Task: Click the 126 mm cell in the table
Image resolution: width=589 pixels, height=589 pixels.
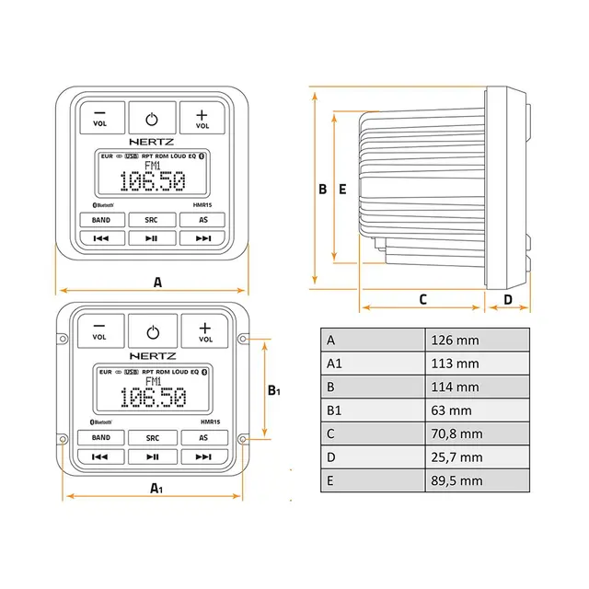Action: coord(478,340)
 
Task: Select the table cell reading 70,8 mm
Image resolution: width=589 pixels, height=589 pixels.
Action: coord(478,433)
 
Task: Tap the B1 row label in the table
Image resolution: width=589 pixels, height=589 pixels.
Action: coord(373,410)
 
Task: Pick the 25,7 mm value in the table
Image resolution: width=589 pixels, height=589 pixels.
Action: coord(478,457)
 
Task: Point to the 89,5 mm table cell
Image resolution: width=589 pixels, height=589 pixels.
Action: coord(478,480)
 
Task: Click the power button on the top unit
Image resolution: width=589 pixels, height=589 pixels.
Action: coord(153,118)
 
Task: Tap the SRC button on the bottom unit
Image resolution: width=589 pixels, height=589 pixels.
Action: coord(153,438)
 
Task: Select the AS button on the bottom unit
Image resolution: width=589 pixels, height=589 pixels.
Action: coord(203,438)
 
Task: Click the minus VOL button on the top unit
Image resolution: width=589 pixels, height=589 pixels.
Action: coord(99,118)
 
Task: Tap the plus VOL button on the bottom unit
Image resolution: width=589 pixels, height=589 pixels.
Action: coord(204,331)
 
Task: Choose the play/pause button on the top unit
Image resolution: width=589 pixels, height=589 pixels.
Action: coord(153,238)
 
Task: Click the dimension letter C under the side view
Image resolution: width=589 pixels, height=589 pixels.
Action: coord(423,299)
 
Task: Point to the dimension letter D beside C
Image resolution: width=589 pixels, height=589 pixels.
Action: coord(508,299)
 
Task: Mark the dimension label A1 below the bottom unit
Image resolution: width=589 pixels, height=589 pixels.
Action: coord(157,488)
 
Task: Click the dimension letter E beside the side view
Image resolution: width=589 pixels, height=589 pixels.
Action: coord(342,190)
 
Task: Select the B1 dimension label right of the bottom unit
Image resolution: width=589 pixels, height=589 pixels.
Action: coord(273,390)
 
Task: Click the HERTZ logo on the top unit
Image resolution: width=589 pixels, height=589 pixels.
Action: coord(153,143)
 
